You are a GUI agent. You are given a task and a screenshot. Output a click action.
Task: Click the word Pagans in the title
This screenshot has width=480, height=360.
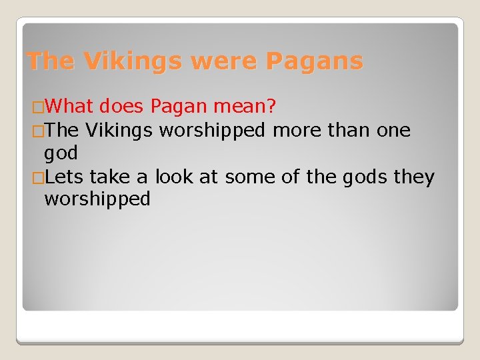[315, 61]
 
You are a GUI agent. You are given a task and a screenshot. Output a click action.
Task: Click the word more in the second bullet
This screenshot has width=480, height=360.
[297, 130]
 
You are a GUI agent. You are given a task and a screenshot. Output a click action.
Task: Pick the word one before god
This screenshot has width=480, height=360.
[393, 130]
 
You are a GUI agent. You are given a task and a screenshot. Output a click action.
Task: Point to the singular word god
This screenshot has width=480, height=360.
[61, 154]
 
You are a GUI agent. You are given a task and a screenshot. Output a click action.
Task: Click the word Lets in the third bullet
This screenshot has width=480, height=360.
[65, 177]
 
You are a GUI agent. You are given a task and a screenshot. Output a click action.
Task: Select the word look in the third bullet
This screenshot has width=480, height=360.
[171, 177]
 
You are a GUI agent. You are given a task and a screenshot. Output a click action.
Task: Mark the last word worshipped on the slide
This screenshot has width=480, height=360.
[97, 199]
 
